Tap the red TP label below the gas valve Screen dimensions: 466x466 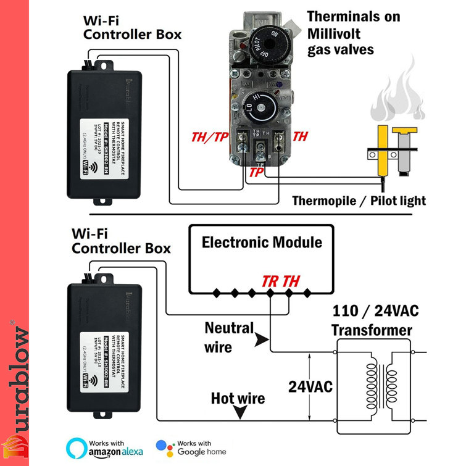(256, 173)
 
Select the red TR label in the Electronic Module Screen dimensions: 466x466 (270, 281)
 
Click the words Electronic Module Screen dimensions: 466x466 (262, 242)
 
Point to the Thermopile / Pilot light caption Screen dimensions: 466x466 (359, 201)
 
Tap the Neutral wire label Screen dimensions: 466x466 (228, 337)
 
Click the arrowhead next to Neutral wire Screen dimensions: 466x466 (262, 339)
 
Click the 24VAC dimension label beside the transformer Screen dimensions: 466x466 (310, 387)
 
